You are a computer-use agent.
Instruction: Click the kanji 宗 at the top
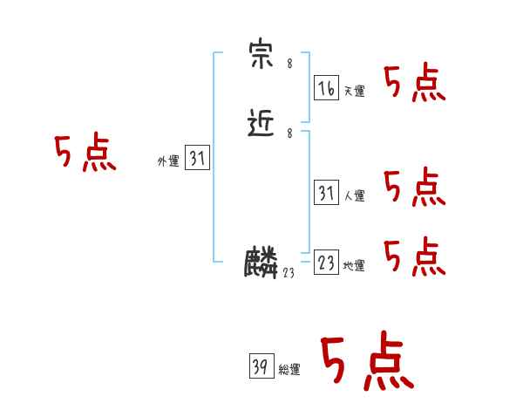262,57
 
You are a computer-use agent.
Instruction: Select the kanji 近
262,125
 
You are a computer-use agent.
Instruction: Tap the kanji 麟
261,263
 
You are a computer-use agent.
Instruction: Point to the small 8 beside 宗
289,64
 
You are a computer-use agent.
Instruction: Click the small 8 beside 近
289,133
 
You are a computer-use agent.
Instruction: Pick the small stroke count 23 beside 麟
289,273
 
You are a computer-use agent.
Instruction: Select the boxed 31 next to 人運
326,193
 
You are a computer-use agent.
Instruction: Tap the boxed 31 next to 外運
198,158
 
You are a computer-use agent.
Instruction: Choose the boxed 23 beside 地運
326,263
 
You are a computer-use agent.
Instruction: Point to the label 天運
354,92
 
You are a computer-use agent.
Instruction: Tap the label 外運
168,161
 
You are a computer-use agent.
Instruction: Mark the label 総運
289,371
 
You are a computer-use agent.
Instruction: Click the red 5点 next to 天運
415,85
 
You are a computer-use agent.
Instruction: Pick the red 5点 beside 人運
415,187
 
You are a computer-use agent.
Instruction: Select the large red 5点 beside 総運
366,362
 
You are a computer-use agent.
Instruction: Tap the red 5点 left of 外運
85,154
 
